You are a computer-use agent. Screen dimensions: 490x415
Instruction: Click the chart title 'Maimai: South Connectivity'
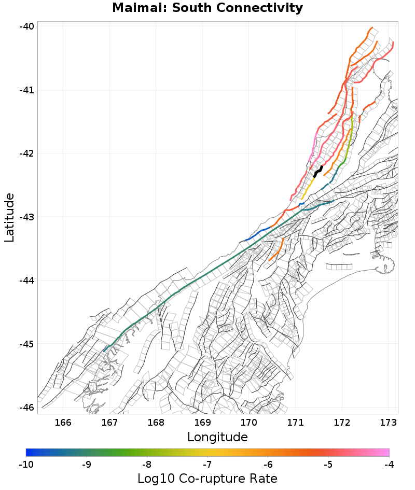tap(208, 8)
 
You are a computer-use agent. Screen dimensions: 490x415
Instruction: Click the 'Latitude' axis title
tap(9, 217)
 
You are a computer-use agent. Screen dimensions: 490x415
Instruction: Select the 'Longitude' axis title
tap(217, 437)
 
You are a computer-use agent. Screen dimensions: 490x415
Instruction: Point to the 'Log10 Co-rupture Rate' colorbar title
tap(207, 479)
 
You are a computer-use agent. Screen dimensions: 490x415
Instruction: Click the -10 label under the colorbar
tap(26, 464)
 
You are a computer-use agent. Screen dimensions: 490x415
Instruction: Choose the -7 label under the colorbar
tap(208, 464)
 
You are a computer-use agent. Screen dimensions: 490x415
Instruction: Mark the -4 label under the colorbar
tap(389, 464)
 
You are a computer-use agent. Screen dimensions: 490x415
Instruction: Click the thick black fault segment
tap(318, 172)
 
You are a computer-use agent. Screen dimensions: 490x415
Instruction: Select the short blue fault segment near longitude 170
tap(258, 234)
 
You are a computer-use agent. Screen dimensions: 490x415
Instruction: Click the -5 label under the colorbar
tap(328, 464)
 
